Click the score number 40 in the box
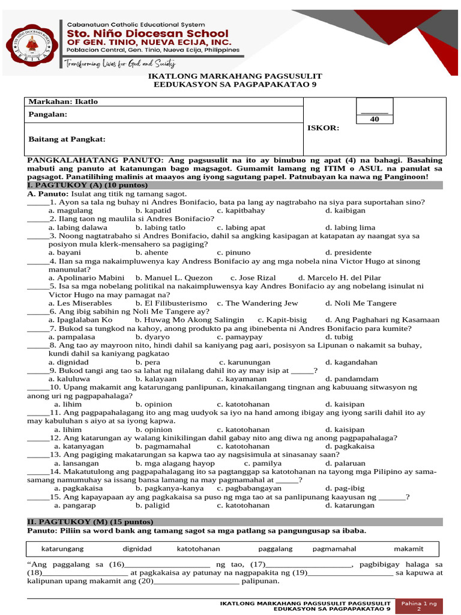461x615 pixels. point(374,120)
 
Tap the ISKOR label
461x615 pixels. point(324,128)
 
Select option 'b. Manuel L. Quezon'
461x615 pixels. point(174,278)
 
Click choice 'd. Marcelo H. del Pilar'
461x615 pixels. point(340,278)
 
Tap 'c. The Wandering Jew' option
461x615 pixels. point(258,303)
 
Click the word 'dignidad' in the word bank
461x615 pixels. point(137,549)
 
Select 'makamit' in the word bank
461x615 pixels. point(409,549)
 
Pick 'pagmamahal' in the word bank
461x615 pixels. point(334,549)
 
